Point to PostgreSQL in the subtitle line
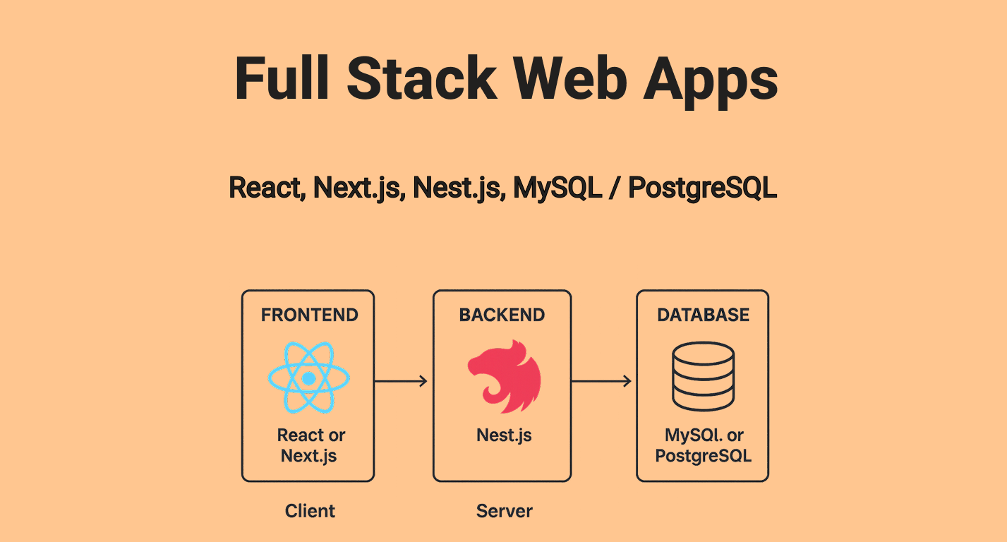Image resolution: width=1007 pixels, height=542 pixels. click(x=702, y=188)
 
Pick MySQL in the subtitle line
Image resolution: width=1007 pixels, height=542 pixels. click(x=557, y=188)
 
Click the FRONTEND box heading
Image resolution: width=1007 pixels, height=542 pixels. click(x=309, y=315)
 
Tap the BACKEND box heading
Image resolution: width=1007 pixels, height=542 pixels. click(x=502, y=315)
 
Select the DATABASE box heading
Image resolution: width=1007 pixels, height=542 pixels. click(x=703, y=315)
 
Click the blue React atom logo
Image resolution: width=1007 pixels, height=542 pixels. click(x=308, y=379)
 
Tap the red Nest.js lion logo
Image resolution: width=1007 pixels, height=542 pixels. click(x=504, y=377)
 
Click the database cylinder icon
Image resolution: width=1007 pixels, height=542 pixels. click(x=703, y=376)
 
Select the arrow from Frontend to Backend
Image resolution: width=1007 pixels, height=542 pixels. click(x=401, y=381)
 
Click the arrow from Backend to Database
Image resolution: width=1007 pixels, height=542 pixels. click(x=601, y=381)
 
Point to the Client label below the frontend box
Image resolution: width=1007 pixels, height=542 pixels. click(x=310, y=510)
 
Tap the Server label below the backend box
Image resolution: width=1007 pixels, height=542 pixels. click(x=504, y=510)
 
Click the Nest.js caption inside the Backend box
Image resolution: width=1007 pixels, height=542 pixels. click(x=504, y=435)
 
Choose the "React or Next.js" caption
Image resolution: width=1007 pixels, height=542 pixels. click(x=310, y=445)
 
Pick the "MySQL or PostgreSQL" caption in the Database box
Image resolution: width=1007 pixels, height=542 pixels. click(x=703, y=445)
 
